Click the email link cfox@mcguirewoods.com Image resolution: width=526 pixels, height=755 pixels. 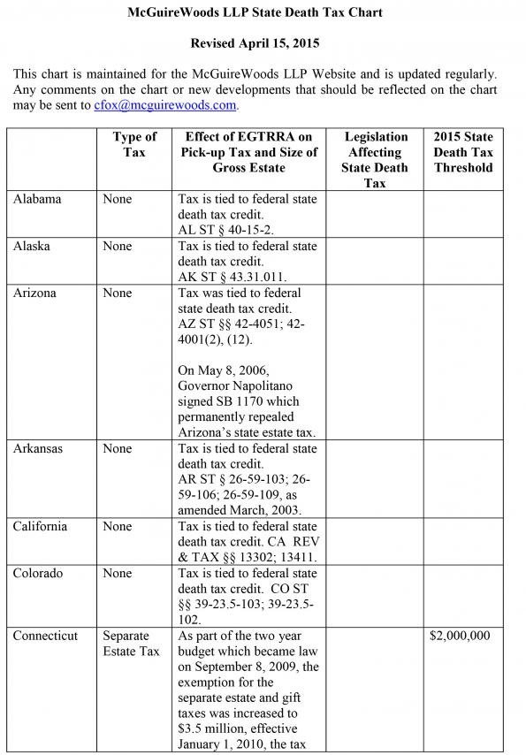point(165,105)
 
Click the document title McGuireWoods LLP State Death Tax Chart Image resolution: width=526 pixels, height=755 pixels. point(255,14)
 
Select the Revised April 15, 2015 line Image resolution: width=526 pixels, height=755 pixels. point(255,42)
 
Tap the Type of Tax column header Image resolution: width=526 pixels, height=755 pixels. point(134,144)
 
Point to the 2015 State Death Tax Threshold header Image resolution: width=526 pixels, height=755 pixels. point(463,151)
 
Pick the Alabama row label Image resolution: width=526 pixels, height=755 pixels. point(37,200)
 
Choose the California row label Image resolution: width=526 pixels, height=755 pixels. point(40,527)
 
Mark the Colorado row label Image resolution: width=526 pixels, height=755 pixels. point(38,574)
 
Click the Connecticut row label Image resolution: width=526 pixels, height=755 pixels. point(45,637)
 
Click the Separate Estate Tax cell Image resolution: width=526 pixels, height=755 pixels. point(131,644)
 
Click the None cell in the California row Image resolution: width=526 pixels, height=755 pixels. point(117,527)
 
